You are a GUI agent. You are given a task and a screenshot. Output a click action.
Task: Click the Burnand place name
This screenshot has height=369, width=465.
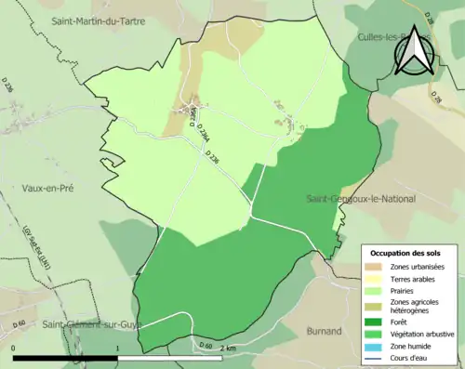click(325, 331)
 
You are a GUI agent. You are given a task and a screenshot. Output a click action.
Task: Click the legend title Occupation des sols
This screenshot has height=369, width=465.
click(407, 254)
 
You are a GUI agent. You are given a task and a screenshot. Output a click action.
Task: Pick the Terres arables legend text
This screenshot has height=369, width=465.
click(416, 278)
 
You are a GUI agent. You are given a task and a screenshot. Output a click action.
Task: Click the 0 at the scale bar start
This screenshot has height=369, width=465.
click(14, 348)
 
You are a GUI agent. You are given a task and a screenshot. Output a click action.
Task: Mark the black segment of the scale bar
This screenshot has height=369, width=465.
click(65, 356)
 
